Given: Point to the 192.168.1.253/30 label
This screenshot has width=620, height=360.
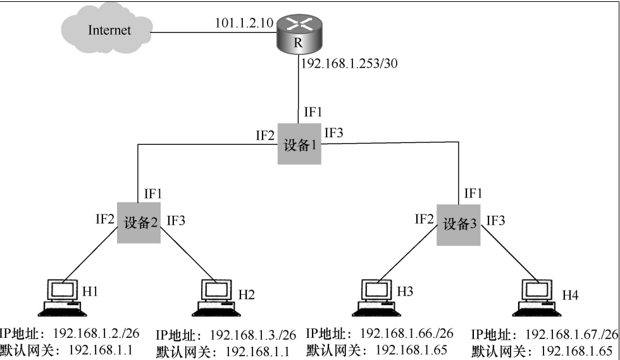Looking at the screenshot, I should click(349, 63).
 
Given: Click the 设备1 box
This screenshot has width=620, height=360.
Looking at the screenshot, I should click(299, 146).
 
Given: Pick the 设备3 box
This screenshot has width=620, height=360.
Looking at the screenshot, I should click(459, 223).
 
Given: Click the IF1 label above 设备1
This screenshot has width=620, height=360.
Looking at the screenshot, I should click(313, 113).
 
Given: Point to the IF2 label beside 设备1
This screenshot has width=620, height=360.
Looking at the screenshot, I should click(265, 135).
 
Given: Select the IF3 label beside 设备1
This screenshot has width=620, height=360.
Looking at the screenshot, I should click(333, 133).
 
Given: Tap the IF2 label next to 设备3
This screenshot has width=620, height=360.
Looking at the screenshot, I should click(424, 219).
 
